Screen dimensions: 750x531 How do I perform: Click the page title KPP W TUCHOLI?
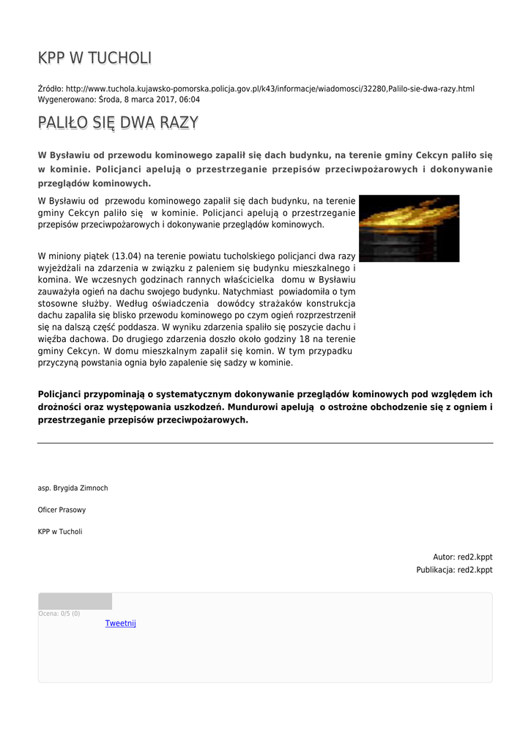click(x=94, y=59)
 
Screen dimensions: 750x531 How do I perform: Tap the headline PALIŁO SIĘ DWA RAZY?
click(x=118, y=123)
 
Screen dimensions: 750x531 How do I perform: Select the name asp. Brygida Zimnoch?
click(x=73, y=488)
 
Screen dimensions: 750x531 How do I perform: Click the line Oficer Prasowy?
click(x=62, y=510)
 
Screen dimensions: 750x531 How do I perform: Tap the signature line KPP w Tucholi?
click(x=60, y=532)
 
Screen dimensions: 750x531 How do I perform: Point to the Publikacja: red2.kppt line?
click(x=454, y=570)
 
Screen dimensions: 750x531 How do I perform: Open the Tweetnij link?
click(x=120, y=623)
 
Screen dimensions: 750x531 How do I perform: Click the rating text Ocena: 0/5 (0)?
click(x=59, y=614)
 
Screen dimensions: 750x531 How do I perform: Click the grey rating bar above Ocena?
click(x=75, y=601)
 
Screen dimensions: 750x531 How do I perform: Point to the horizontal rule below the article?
click(x=265, y=443)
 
